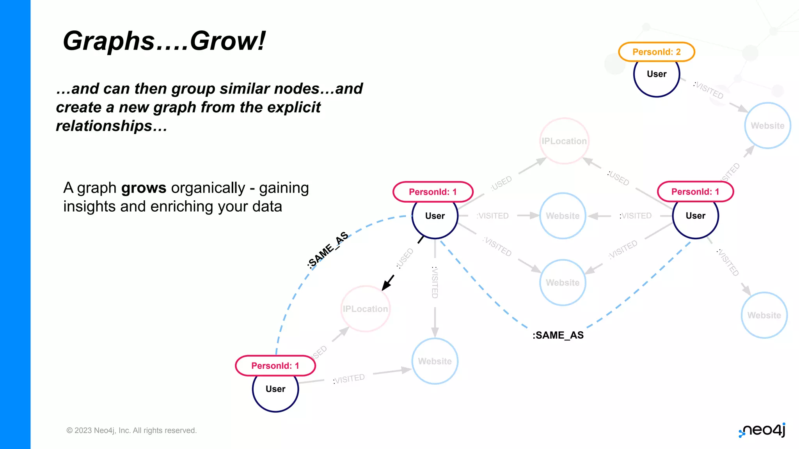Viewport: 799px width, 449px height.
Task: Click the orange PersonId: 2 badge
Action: click(x=656, y=52)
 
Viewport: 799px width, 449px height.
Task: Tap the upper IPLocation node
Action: click(x=564, y=141)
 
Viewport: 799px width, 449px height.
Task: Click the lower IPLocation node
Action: click(x=366, y=309)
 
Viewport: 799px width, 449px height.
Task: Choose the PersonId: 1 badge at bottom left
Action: click(x=275, y=366)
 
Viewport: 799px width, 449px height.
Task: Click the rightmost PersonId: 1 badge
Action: click(x=695, y=191)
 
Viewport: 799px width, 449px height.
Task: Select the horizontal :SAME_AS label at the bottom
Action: click(x=558, y=335)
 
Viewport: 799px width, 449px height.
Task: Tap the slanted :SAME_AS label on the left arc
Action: click(x=328, y=250)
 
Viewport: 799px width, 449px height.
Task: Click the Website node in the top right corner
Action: click(x=767, y=126)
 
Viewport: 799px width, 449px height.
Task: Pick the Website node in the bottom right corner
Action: click(x=764, y=315)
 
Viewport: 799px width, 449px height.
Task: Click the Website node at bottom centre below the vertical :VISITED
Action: click(x=435, y=361)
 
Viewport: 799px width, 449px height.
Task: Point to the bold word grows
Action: click(x=144, y=188)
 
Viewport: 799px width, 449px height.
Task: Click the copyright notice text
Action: click(x=131, y=430)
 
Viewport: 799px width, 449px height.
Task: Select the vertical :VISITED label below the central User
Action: click(x=435, y=282)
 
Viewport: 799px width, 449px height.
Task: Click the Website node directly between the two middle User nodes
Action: click(x=563, y=216)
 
